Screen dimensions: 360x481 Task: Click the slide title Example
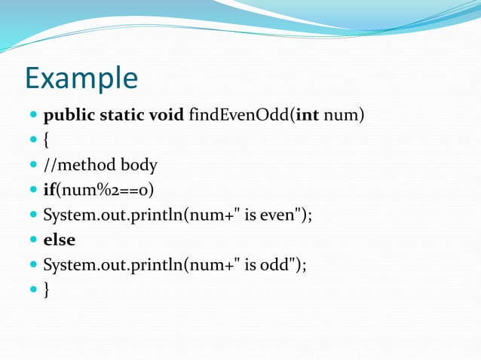(81, 78)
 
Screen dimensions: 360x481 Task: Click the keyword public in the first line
(69, 116)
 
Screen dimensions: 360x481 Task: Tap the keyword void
(167, 116)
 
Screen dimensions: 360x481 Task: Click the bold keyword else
(60, 240)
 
